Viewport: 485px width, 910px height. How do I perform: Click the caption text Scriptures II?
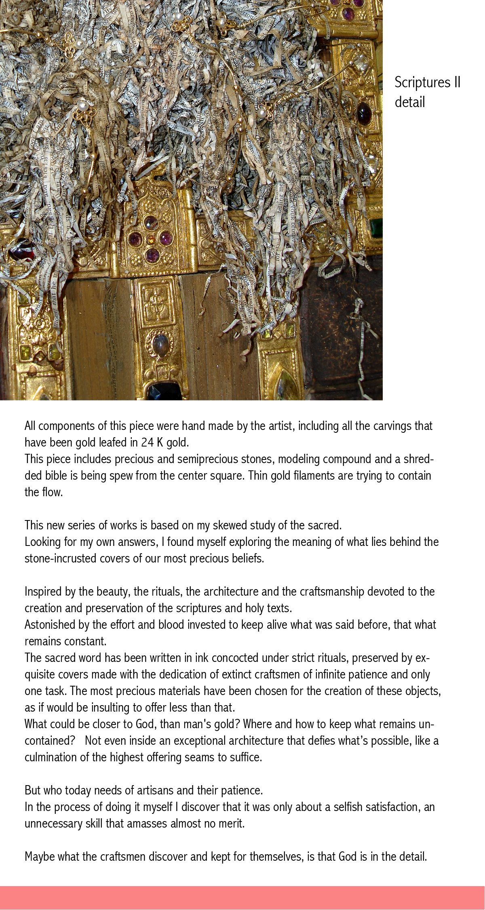point(427,82)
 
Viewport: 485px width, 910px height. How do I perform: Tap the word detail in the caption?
point(410,102)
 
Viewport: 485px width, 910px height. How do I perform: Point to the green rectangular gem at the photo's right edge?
point(377,227)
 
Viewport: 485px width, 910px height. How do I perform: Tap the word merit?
point(233,824)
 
